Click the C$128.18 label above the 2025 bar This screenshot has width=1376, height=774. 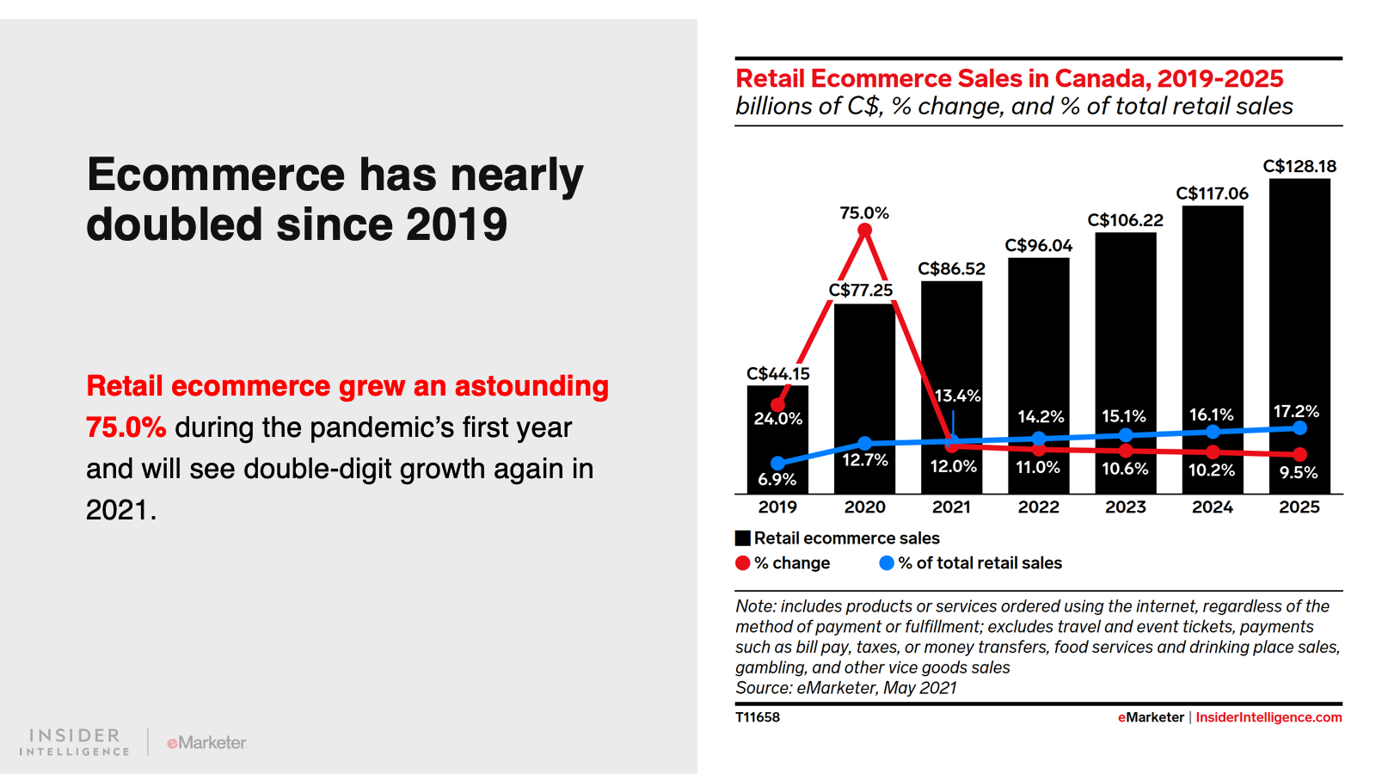(1299, 166)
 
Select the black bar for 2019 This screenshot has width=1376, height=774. (777, 447)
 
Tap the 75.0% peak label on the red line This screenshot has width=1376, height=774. (864, 212)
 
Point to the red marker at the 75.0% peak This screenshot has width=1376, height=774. (865, 230)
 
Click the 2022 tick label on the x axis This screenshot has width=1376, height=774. (1038, 507)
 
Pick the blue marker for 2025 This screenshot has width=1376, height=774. (1299, 427)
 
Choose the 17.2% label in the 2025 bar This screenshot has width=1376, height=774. (1296, 411)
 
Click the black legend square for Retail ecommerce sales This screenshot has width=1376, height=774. (743, 538)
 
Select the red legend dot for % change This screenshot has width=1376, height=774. (743, 563)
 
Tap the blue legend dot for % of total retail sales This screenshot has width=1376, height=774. (887, 563)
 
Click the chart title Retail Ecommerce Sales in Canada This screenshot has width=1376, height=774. (1009, 78)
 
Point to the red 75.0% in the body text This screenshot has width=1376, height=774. (126, 427)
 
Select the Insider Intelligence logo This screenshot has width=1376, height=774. (75, 741)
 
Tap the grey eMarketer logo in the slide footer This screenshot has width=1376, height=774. (206, 742)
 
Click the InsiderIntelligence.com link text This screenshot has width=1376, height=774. (1268, 717)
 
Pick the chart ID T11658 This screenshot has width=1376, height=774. (758, 717)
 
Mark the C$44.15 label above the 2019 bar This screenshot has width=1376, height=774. (777, 373)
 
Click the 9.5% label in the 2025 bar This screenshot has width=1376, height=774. (1298, 472)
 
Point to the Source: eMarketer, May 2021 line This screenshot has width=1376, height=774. (845, 688)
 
